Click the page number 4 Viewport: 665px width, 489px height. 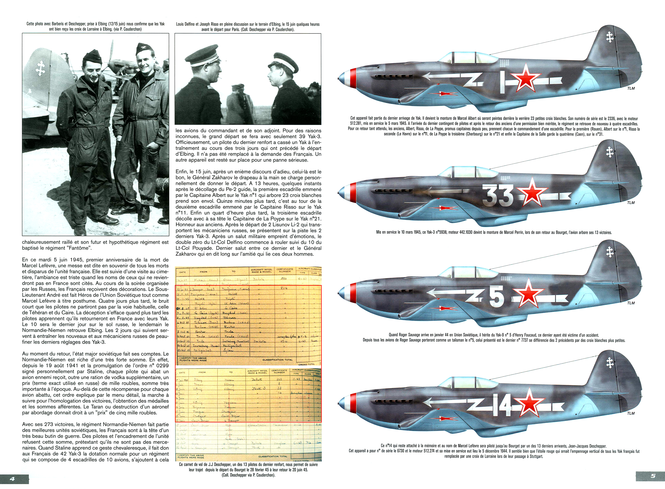click(12, 479)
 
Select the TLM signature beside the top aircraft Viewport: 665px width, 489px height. click(631, 88)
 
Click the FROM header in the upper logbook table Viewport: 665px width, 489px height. click(204, 271)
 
